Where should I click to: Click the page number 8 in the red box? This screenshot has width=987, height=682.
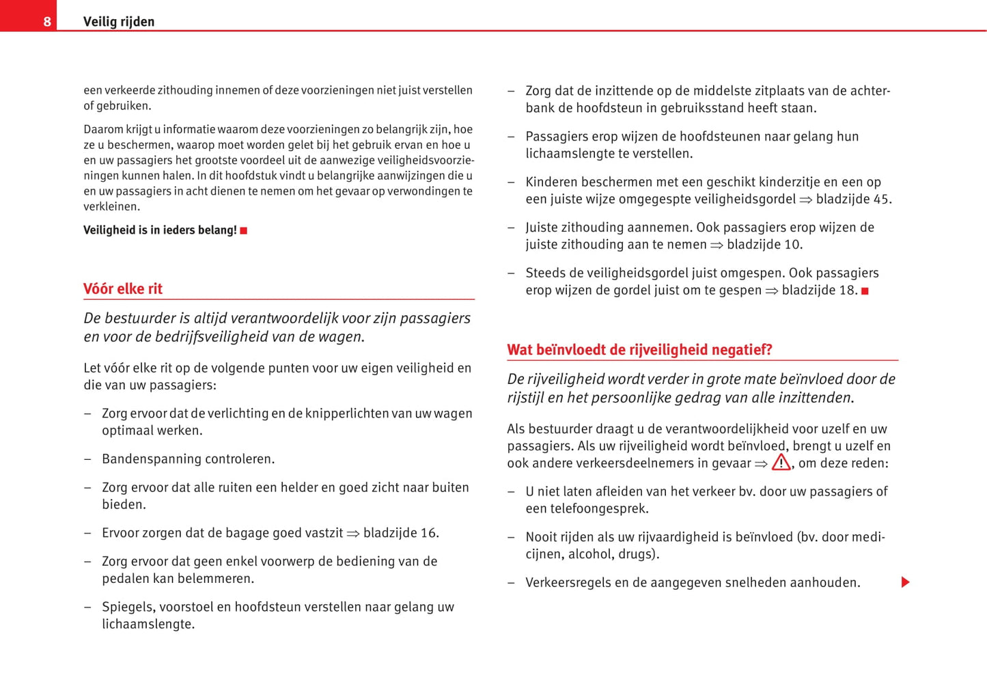(x=46, y=21)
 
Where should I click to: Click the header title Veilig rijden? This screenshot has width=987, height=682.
(x=119, y=21)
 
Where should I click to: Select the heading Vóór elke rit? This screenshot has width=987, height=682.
(x=123, y=288)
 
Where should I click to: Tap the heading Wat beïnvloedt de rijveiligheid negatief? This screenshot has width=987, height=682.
(x=639, y=349)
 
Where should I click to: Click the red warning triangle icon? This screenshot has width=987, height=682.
(x=781, y=463)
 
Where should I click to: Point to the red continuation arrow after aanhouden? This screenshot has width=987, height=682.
(x=905, y=582)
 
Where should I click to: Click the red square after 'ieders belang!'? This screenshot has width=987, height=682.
(x=244, y=231)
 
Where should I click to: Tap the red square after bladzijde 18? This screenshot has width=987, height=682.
(x=865, y=291)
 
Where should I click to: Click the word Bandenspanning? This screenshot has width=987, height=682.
(x=146, y=459)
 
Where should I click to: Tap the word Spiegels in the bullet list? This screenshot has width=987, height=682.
(x=125, y=607)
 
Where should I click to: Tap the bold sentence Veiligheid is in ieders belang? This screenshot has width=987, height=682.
(x=160, y=230)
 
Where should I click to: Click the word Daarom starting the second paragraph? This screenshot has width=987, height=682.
(x=103, y=129)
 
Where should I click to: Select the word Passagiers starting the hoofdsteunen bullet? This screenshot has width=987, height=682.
(x=556, y=136)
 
